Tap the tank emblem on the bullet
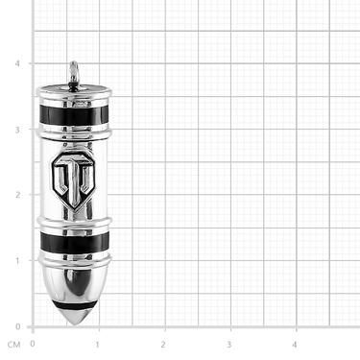tap(74, 180)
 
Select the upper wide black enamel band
tap(74, 114)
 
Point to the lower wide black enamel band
tap(75, 242)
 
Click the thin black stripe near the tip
tap(75, 305)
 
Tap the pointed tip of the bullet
tap(75, 324)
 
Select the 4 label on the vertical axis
tap(17, 63)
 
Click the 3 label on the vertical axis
tap(17, 130)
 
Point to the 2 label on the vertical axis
tap(17, 195)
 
